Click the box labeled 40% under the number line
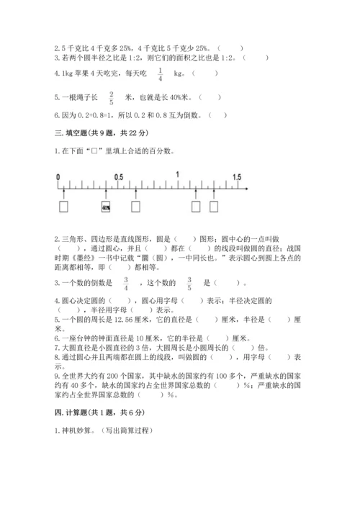pos(106,207)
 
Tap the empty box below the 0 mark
pos(64,207)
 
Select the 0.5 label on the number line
pos(119,177)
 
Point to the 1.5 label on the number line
pos(237,177)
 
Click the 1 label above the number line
pos(177,177)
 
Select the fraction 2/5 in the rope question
pos(112,99)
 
